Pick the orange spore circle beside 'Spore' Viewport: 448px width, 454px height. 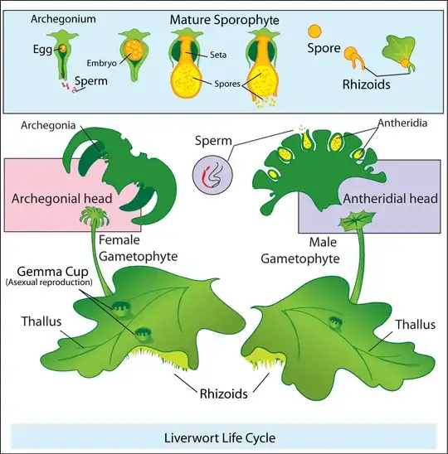point(314,31)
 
